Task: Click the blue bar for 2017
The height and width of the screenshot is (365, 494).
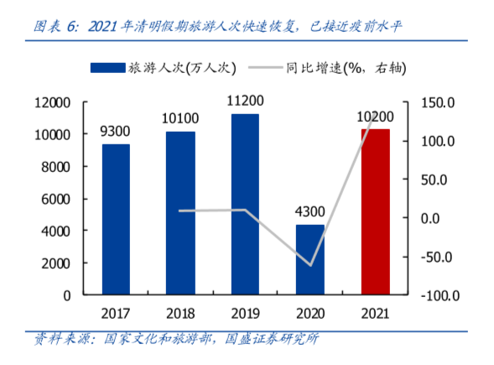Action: coord(116,219)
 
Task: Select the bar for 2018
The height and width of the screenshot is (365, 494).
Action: coord(180,213)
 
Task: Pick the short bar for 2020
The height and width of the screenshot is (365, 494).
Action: coord(310,259)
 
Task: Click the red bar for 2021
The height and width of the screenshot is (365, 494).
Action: coord(375,211)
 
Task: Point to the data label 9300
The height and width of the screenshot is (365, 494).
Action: coord(116,131)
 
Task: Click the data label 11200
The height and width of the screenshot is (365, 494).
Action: coord(246,101)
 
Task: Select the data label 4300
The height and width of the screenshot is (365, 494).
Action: coord(310,211)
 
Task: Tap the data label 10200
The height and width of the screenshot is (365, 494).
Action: coord(375,116)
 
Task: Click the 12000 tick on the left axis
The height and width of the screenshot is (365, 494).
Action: coord(53,102)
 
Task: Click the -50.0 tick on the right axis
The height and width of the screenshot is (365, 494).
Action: coord(437,257)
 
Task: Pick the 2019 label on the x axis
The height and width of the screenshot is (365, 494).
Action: coord(245,314)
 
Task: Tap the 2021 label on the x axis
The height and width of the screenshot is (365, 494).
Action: coord(375,314)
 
